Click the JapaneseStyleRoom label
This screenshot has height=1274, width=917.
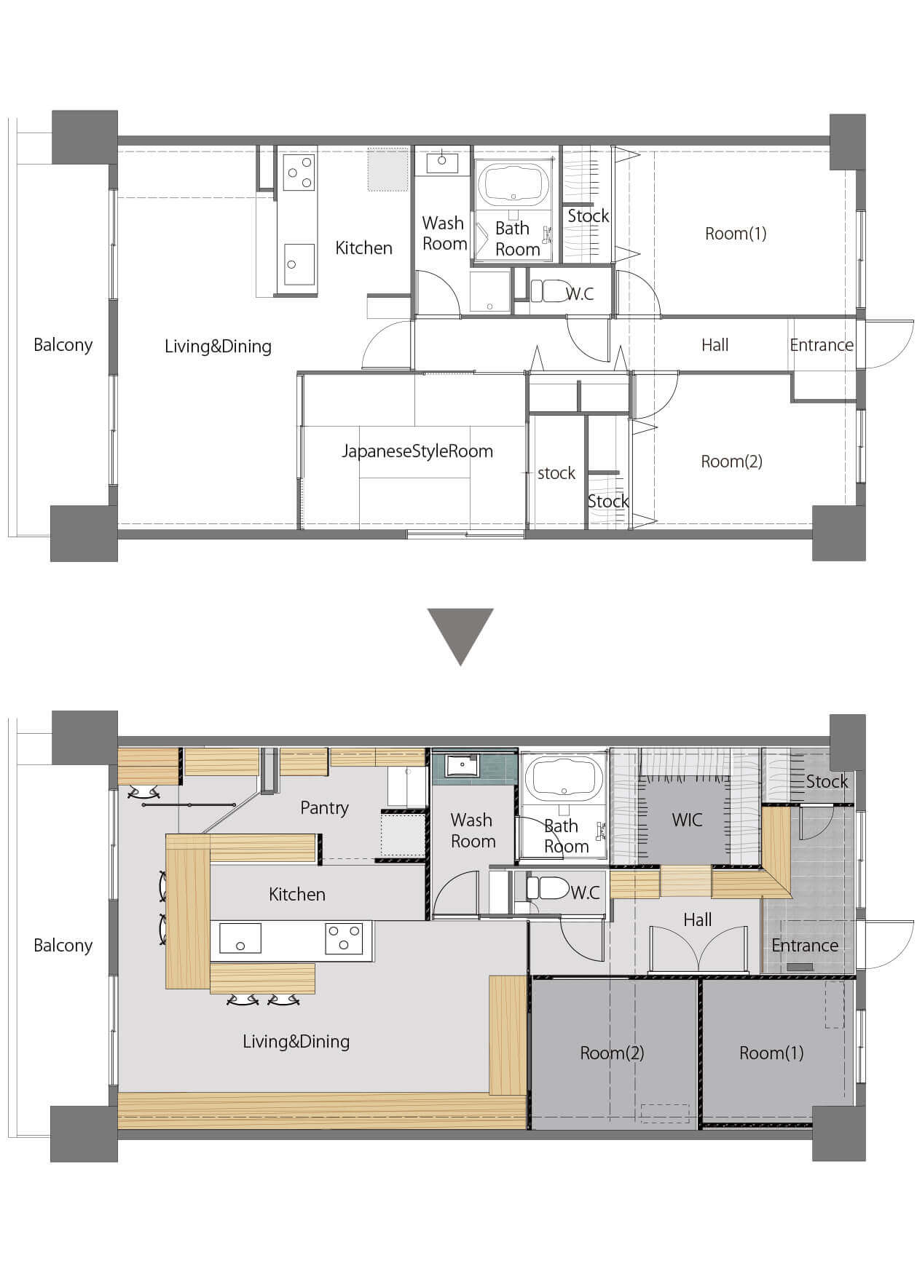click(x=417, y=451)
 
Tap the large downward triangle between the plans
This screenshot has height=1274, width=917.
click(x=460, y=636)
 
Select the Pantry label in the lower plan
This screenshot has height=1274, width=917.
click(x=324, y=807)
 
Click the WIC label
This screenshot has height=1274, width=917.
click(x=687, y=820)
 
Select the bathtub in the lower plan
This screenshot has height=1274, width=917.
click(x=564, y=778)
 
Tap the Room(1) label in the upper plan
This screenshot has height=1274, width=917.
click(x=736, y=234)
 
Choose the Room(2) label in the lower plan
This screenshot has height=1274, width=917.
click(x=612, y=1053)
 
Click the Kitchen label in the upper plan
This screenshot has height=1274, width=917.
click(x=363, y=248)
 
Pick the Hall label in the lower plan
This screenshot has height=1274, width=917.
click(x=697, y=920)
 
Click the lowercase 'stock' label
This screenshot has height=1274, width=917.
click(x=556, y=473)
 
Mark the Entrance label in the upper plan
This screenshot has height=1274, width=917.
click(x=822, y=345)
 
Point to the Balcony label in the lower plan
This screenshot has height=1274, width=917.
click(x=63, y=946)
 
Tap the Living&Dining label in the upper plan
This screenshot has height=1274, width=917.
click(x=218, y=347)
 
